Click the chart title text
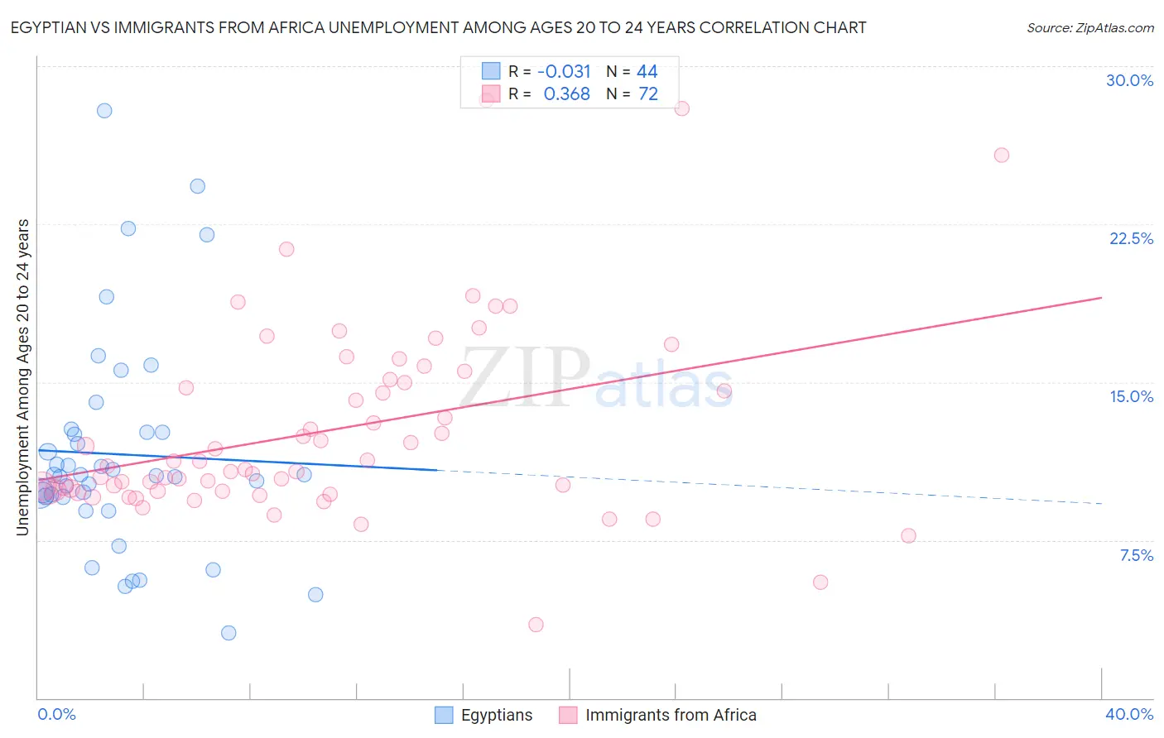[x=438, y=27]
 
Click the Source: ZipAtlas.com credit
[x=1089, y=27]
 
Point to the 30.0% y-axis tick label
[x=1129, y=80]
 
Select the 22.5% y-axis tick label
[x=1131, y=238]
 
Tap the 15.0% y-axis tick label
[x=1131, y=396]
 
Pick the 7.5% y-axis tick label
[x=1136, y=555]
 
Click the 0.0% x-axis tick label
[x=56, y=714]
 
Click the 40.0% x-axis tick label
[x=1129, y=714]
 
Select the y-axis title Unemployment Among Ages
[x=22, y=376]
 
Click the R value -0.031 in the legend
[x=564, y=72]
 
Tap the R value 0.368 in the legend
[x=566, y=94]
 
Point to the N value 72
[x=647, y=94]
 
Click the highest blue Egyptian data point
[x=104, y=110]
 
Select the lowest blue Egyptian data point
[x=228, y=633]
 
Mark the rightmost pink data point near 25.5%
[x=1001, y=155]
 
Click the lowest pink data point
[x=536, y=625]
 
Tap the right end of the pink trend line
[x=1101, y=297]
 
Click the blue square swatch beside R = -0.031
[x=491, y=71]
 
